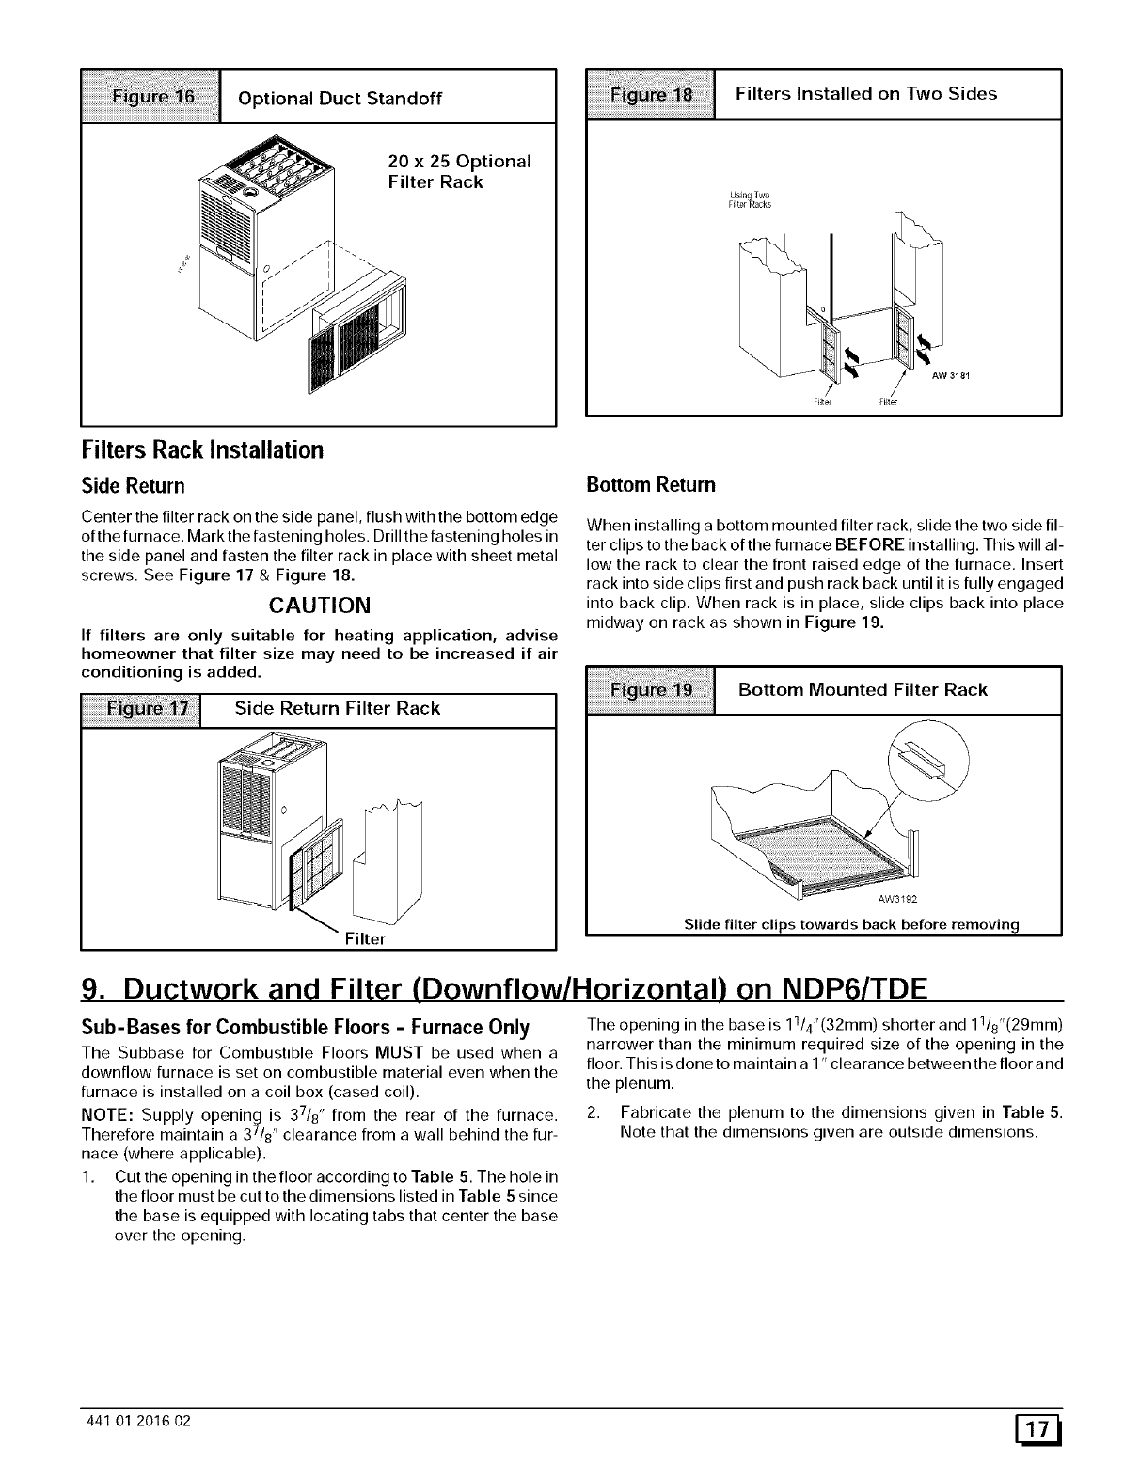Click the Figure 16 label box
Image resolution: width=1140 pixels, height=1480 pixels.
tap(151, 97)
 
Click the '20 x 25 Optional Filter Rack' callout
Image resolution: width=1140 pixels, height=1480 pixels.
tap(459, 171)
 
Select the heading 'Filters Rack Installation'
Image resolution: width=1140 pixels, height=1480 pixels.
tap(203, 449)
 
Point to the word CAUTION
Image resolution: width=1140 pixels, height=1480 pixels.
tap(320, 604)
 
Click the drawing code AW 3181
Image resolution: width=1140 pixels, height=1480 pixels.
tap(951, 378)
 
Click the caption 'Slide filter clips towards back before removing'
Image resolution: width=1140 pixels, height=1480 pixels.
tap(851, 924)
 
